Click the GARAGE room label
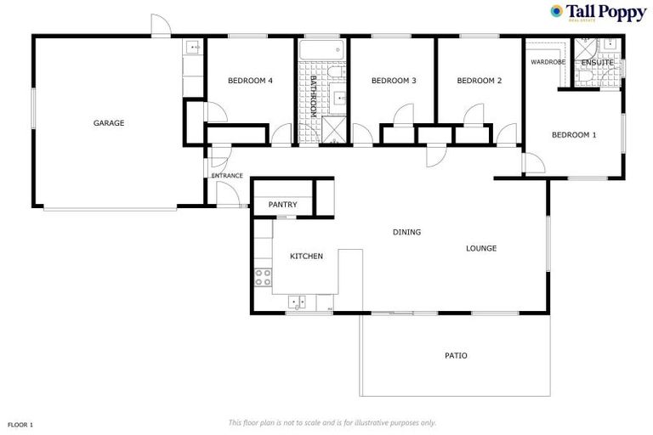point(109,123)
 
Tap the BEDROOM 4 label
point(250,82)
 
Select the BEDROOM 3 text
point(394,82)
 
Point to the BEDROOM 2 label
point(480,82)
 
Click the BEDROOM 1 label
point(574,134)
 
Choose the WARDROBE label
point(548,62)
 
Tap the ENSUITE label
point(598,63)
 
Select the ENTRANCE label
point(227,176)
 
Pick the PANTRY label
point(282,205)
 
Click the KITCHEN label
point(306,256)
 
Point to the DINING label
point(406,232)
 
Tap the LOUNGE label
point(481,248)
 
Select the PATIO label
point(456,355)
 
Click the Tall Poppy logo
point(599,14)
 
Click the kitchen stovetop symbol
point(262,276)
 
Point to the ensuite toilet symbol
point(584,77)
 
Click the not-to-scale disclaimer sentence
point(332,422)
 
